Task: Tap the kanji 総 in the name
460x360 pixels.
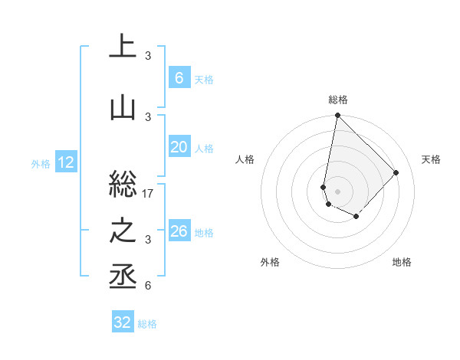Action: tap(123, 185)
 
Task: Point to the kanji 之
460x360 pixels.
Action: tap(123, 232)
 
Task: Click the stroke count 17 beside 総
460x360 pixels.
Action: tap(149, 194)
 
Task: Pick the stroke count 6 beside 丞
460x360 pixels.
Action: tap(148, 286)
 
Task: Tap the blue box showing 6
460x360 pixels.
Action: tap(179, 78)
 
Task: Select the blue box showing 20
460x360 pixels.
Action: tap(179, 148)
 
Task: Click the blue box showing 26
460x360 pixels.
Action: tap(179, 231)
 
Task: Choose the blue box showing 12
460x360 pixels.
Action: tap(65, 162)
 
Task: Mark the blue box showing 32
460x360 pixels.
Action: tap(123, 322)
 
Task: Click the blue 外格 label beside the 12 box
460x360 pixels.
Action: tap(41, 163)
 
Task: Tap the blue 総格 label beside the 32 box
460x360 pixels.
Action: tap(148, 323)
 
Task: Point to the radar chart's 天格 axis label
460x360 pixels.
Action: tap(431, 159)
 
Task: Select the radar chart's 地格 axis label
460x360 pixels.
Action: tap(402, 262)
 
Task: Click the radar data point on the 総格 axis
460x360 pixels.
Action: tap(337, 116)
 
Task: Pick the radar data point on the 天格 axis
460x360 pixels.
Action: tap(396, 172)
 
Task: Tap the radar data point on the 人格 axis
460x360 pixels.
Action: tap(324, 187)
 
